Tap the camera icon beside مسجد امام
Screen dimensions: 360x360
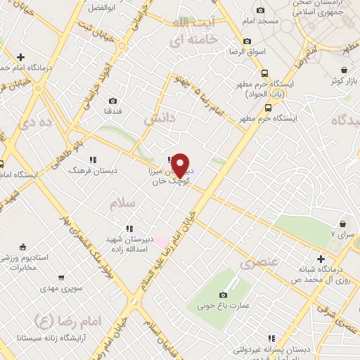coord(261,10)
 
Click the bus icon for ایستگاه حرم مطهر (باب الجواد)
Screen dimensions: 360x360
coord(264,73)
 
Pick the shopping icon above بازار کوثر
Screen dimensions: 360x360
coord(344,70)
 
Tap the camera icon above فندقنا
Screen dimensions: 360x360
coord(113,101)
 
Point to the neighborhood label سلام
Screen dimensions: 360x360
coord(122,203)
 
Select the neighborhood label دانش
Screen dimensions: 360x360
coord(160,120)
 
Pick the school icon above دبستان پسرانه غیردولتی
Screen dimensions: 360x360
coord(271,338)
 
